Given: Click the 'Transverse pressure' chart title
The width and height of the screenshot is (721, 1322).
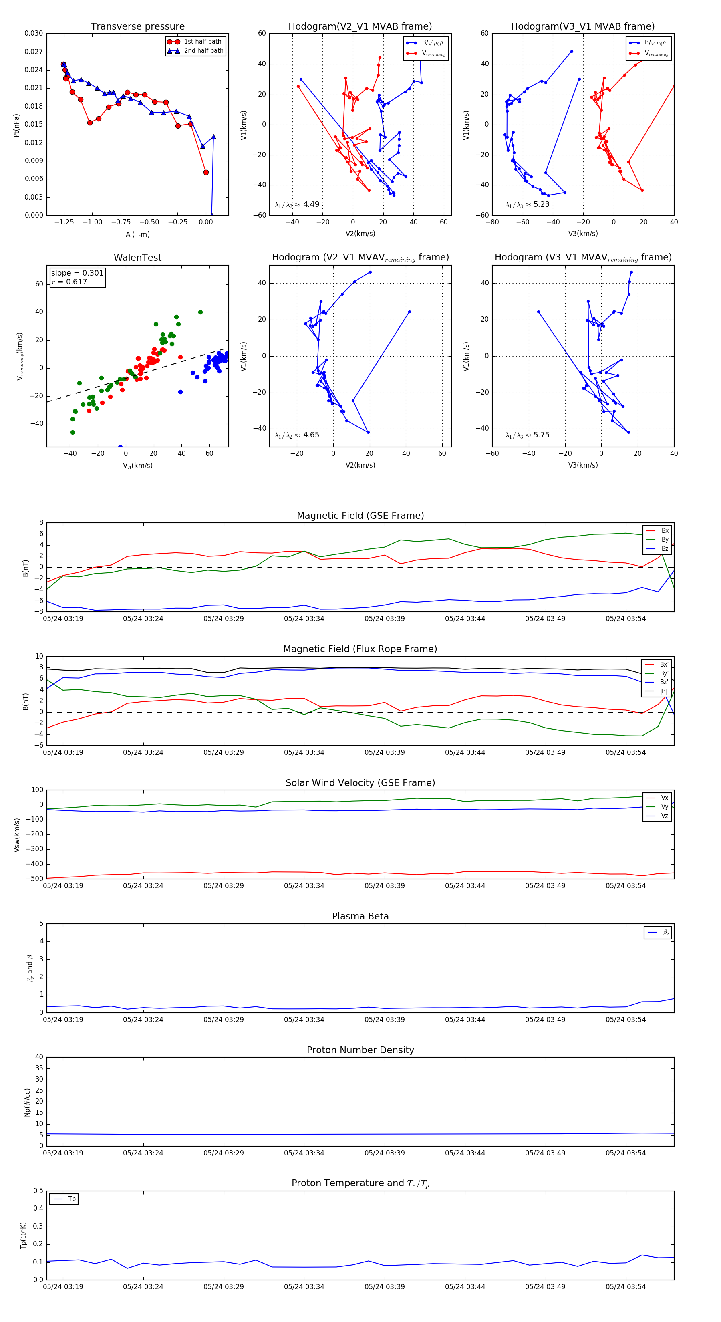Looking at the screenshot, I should [137, 27].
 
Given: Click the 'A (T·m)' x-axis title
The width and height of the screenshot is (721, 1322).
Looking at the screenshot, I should [137, 234].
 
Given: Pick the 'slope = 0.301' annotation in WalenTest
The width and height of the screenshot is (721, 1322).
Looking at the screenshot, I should [77, 273].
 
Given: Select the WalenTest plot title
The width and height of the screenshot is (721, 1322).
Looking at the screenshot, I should [137, 258].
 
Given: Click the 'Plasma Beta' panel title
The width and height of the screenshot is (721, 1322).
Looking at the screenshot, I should [360, 917].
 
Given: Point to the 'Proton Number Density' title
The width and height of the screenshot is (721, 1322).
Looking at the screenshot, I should [360, 1050].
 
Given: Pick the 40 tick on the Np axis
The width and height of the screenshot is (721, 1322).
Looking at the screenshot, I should [39, 1057].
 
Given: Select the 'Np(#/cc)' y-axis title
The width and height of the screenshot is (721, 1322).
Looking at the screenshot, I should [27, 1102].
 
